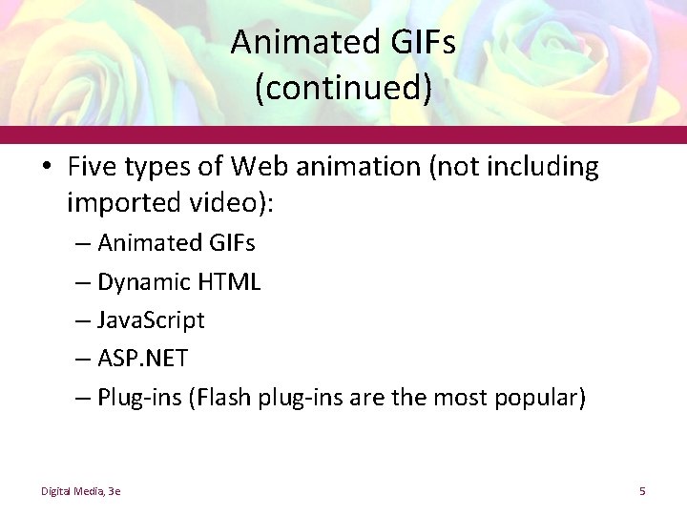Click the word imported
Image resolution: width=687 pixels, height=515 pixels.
119,202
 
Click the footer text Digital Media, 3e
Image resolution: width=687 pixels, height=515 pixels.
80,491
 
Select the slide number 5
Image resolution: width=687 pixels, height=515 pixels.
642,491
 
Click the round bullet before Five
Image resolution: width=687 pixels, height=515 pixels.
49,169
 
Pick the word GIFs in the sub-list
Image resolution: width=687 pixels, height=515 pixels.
232,243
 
